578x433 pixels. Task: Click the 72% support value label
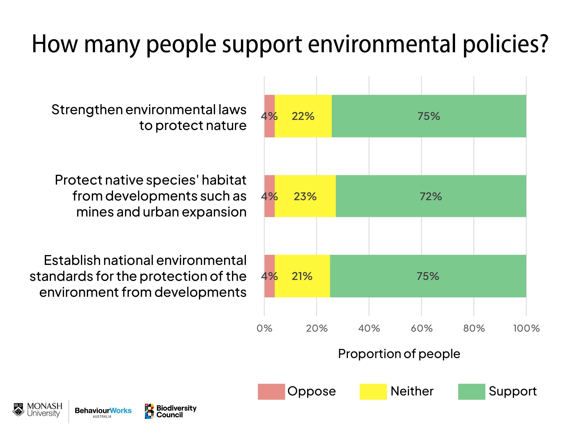tap(431, 196)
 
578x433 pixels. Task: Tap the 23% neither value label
tap(305, 196)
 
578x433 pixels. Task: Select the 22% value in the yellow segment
tap(303, 116)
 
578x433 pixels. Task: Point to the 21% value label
tap(302, 276)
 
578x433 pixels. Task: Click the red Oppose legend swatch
tap(271, 392)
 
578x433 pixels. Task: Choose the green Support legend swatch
tap(471, 392)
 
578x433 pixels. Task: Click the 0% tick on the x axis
tap(264, 328)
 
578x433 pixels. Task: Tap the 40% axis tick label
tap(369, 328)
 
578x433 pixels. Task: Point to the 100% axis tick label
tap(526, 328)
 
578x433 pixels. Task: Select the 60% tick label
tap(421, 328)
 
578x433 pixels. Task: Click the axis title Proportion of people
tap(399, 354)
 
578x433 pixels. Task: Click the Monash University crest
tap(18, 410)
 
